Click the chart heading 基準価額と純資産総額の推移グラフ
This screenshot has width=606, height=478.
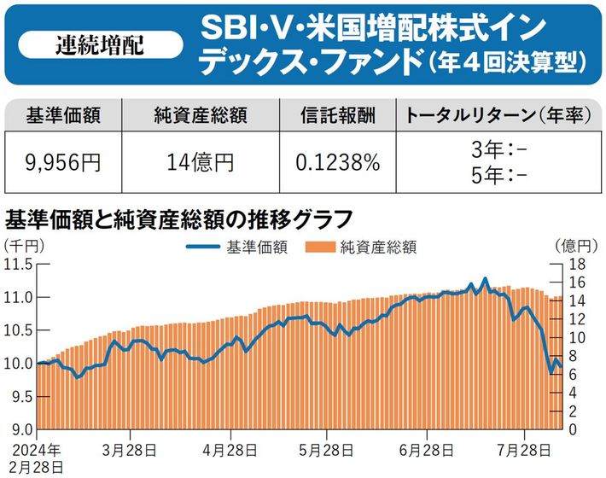pyautogui.click(x=178, y=219)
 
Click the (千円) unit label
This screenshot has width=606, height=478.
pyautogui.click(x=20, y=246)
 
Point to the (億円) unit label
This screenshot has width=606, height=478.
pyautogui.click(x=573, y=246)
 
